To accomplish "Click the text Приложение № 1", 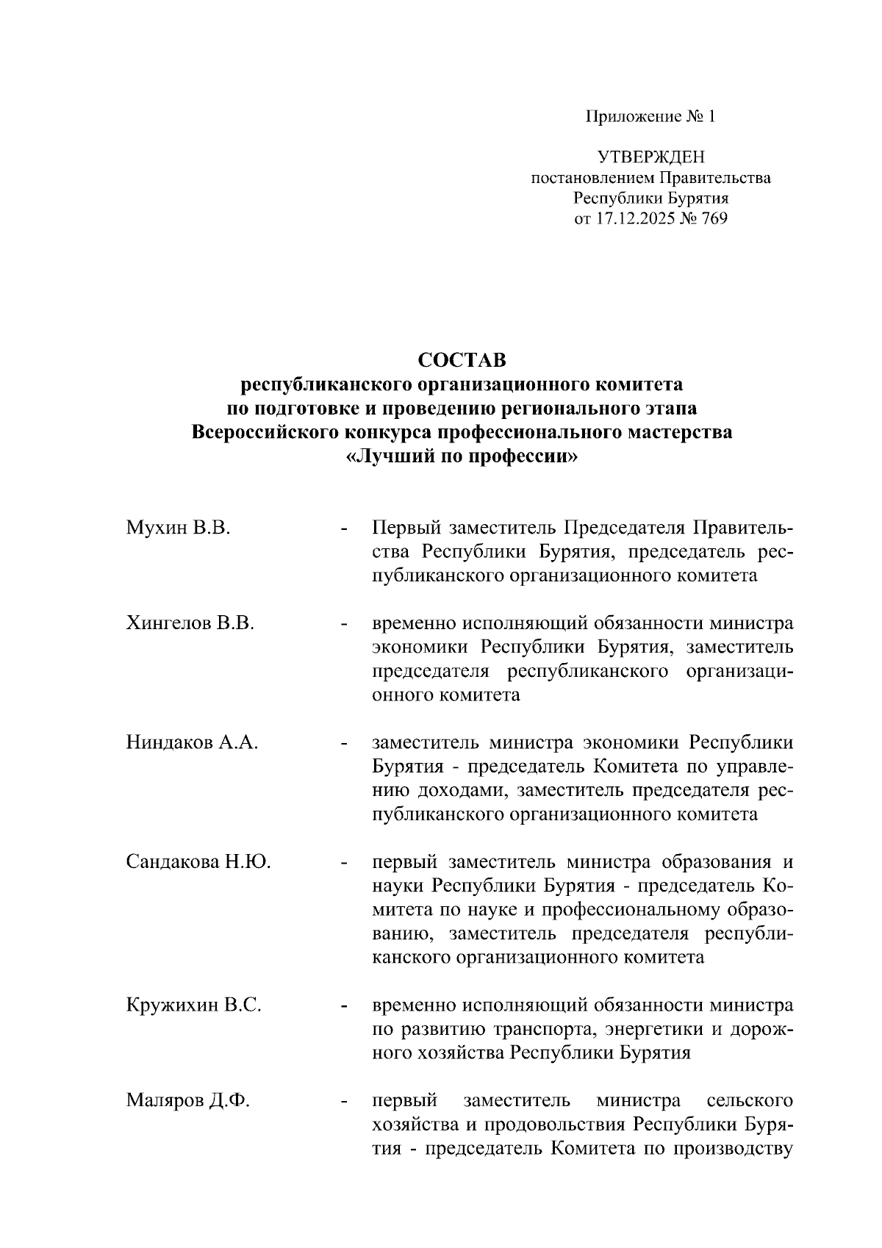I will tap(650, 117).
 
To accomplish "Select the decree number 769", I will tap(714, 218).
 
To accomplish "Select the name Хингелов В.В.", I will tap(190, 623).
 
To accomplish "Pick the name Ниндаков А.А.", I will tap(192, 742).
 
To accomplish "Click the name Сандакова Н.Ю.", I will tap(198, 861).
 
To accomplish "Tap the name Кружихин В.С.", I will tap(194, 1005).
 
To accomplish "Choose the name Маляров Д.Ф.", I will tap(188, 1100).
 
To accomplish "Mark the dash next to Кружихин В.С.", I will tap(343, 1006).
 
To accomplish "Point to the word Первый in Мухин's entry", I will tap(406, 528).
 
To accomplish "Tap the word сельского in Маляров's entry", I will tap(749, 1100).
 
